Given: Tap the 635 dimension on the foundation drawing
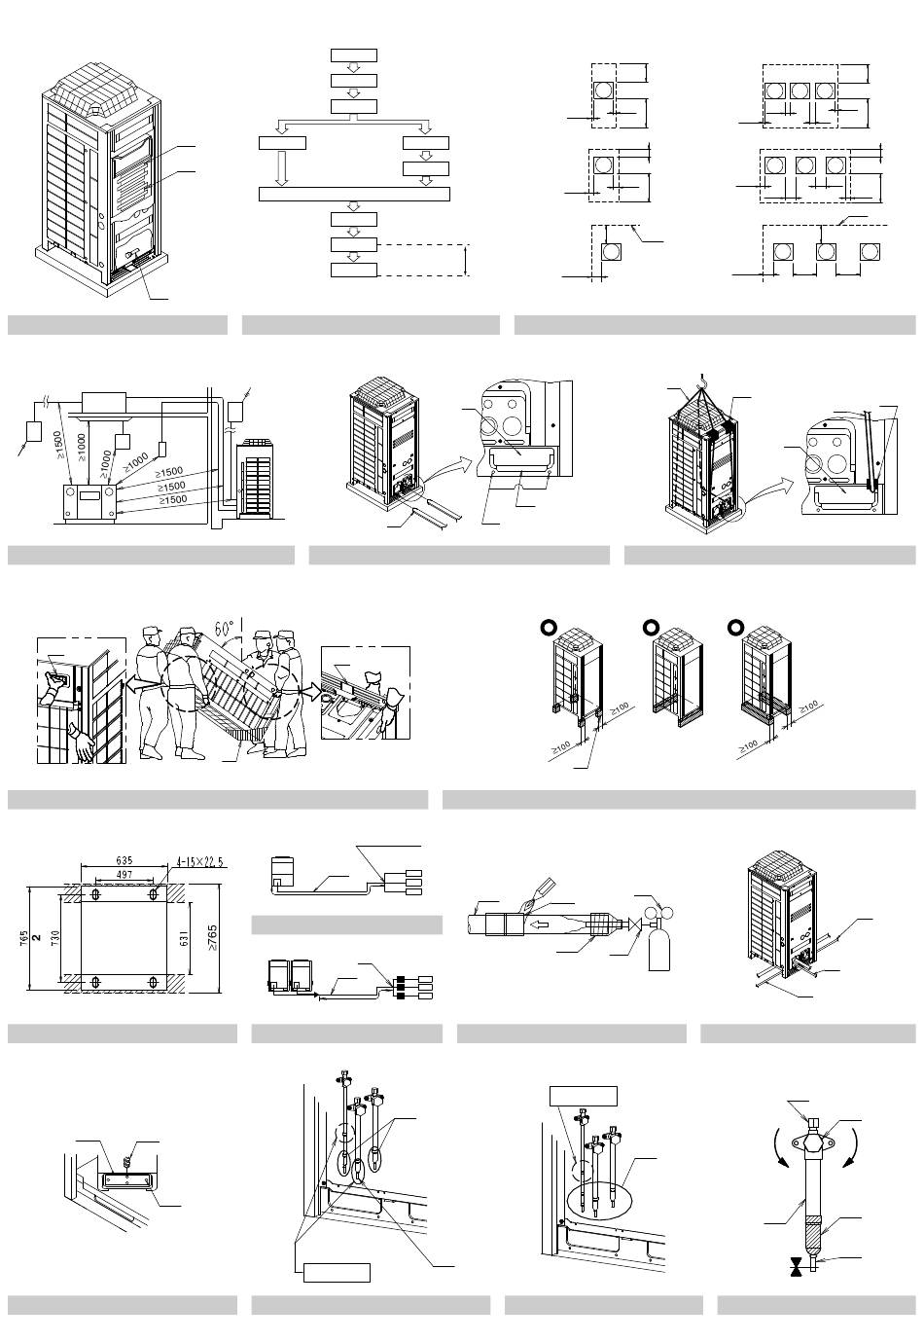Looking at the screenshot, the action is click(124, 860).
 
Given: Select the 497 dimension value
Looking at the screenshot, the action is click(124, 875).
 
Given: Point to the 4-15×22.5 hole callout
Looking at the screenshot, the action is click(201, 860).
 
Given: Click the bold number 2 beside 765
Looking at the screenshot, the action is click(36, 937).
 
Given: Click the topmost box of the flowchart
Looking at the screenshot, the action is click(354, 54).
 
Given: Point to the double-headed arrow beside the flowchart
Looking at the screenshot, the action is click(467, 260).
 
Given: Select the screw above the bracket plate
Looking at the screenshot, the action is click(126, 1160).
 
